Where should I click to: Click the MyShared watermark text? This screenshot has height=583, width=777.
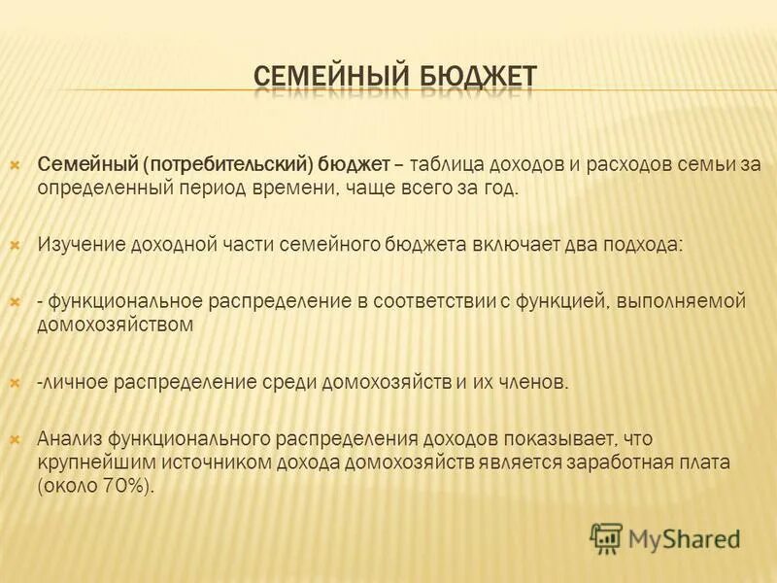click(x=685, y=535)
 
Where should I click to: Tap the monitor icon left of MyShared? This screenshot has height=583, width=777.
click(x=606, y=537)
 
